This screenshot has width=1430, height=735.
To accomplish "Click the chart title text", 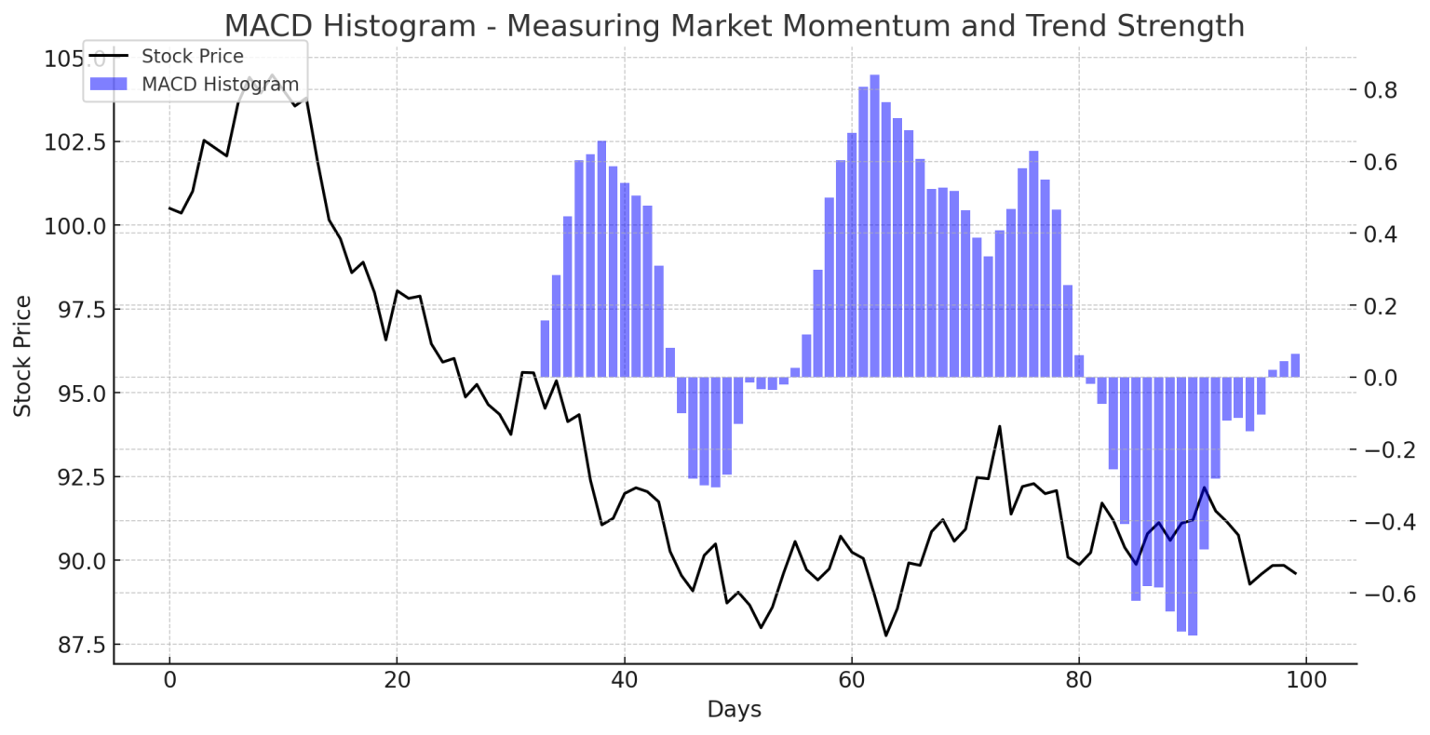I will coord(734,25).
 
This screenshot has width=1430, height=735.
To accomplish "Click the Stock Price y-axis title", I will coord(23,355).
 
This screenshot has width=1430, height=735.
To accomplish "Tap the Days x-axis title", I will coord(734,710).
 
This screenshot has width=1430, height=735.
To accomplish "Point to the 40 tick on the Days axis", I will coord(625,680).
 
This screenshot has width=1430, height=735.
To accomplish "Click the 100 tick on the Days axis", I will coord(1306,680).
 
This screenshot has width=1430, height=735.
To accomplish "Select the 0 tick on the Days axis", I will coord(169,680).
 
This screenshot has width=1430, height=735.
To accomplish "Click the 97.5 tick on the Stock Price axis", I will coord(75,309).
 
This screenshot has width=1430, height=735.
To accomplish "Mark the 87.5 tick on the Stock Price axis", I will coord(75,644).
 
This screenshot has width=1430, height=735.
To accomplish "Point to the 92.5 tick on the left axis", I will coord(75,476).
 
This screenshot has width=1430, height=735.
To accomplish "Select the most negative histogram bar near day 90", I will coord(1193,506).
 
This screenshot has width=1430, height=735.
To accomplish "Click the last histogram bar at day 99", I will coord(1295,366).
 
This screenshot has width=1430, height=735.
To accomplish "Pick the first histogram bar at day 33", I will coord(545,349).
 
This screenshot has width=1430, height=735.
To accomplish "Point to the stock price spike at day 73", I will coord(1000,427).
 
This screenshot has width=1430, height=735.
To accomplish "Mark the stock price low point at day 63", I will coord(886,635).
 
